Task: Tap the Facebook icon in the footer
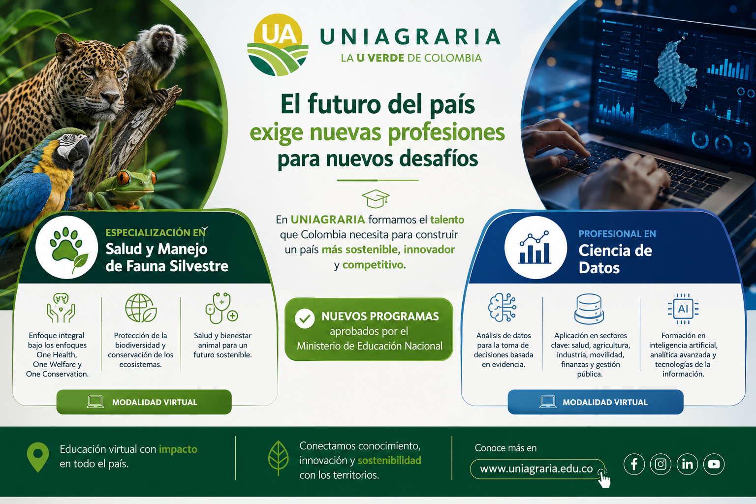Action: tap(634, 464)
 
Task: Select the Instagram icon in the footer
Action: tap(661, 464)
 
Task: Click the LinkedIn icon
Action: tap(687, 464)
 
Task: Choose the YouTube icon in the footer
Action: tap(714, 464)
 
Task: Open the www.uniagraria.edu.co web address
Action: tap(536, 469)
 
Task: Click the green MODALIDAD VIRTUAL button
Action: tap(144, 402)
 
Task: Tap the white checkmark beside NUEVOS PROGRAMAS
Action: tap(305, 318)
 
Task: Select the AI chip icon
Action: tap(683, 309)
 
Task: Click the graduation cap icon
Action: tap(376, 198)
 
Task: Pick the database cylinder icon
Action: tap(589, 309)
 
